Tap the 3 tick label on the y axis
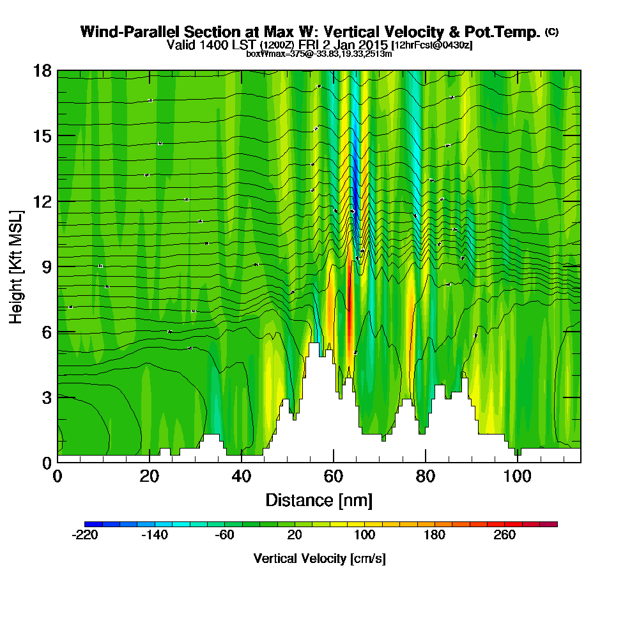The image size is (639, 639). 46,397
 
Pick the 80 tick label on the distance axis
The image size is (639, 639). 425,477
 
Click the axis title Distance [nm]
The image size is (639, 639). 319,500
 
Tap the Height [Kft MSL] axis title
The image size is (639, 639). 17,266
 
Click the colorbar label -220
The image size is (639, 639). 85,535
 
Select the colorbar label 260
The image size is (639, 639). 505,535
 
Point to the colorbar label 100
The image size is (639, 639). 364,535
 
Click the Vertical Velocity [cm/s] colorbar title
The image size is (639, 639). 319,558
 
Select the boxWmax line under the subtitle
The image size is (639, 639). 319,54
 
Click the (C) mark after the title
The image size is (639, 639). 551,31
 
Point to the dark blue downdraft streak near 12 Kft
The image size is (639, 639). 355,192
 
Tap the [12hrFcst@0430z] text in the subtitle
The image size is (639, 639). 432,45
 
